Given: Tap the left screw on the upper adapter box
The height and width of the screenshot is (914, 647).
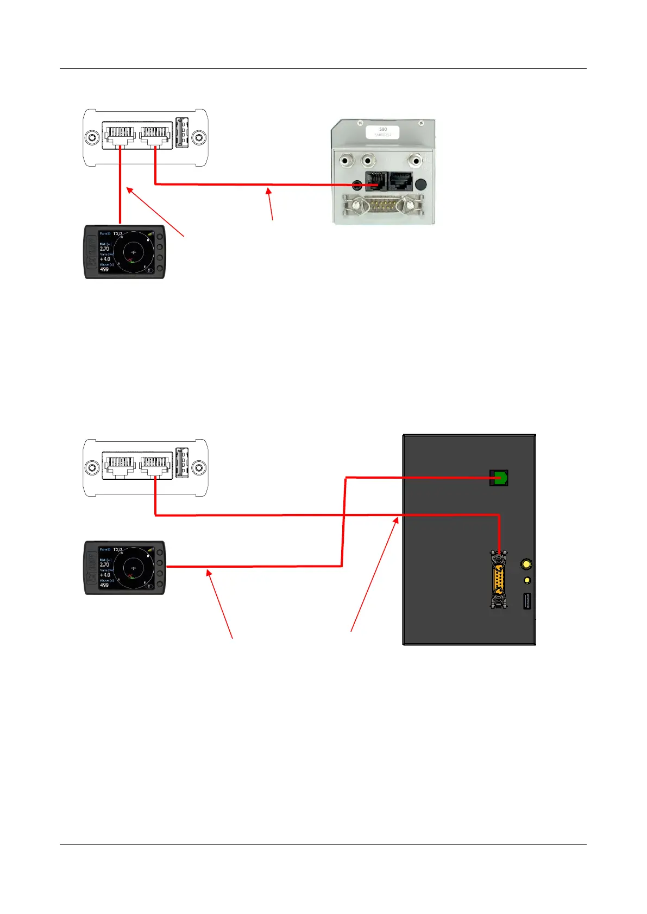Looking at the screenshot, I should [x=93, y=138].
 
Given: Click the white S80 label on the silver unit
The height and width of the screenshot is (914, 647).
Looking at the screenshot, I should [x=383, y=132].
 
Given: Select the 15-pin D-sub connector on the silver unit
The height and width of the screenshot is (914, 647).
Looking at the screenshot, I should [x=380, y=206].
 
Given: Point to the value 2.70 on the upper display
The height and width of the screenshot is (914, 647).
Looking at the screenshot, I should [x=105, y=249].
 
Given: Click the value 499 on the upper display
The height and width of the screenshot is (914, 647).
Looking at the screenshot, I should [x=104, y=269].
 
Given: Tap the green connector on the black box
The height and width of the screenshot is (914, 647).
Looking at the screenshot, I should [x=499, y=478].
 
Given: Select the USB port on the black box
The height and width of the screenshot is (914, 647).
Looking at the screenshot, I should [x=526, y=601].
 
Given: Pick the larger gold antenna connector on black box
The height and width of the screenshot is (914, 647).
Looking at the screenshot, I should [x=526, y=564].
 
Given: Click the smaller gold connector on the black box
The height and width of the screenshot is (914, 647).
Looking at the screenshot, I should [x=526, y=581].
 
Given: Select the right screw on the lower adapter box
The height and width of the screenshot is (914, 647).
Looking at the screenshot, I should [x=199, y=468].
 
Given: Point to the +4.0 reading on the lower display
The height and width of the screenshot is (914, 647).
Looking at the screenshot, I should [x=105, y=575].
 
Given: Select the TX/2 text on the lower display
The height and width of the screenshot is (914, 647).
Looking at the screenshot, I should [x=118, y=550].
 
